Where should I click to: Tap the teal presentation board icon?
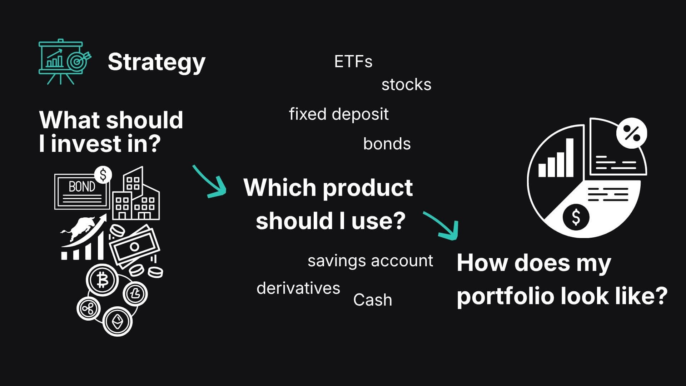pyautogui.click(x=65, y=62)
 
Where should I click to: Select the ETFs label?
pyautogui.click(x=353, y=62)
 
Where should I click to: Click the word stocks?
pyautogui.click(x=406, y=85)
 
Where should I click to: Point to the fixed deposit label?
pyautogui.click(x=339, y=114)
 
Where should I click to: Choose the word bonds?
pyautogui.click(x=387, y=144)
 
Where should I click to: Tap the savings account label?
pyautogui.click(x=370, y=261)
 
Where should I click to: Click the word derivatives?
pyautogui.click(x=298, y=288)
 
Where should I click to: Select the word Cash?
pyautogui.click(x=373, y=300)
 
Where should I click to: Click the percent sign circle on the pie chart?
pyautogui.click(x=632, y=133)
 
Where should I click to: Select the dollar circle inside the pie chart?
pyautogui.click(x=576, y=217)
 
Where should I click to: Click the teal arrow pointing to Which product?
pyautogui.click(x=211, y=182)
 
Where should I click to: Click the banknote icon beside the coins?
pyautogui.click(x=135, y=246)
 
